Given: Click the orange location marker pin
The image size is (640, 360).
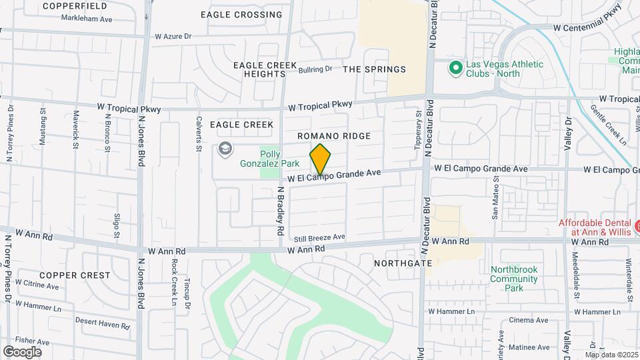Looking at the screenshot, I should pos(320,159).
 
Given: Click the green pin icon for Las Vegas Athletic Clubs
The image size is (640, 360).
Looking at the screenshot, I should pos(456,67).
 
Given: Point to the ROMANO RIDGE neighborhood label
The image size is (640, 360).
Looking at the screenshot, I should pos(333,136).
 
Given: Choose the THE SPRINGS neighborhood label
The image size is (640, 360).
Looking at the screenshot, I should pos(374,69).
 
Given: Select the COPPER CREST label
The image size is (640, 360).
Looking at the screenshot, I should pos(75,275).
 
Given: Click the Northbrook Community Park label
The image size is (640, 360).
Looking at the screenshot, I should pos(515,279).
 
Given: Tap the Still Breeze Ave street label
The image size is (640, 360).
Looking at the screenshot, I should pos(319,237).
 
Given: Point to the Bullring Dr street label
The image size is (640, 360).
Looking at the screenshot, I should pos(315,69).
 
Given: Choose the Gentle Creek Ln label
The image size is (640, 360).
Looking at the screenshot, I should pos(608,124).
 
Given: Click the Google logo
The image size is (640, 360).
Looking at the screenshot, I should pos(22,351).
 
